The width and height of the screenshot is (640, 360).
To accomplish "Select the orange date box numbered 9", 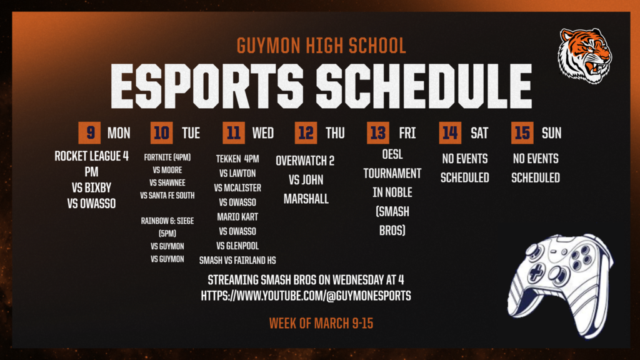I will pos(90,133).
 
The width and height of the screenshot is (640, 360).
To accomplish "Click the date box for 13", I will pos(377,133).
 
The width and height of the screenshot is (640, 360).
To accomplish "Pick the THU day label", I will pos(335,133).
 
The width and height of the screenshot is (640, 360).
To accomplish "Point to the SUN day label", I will pos(551,133).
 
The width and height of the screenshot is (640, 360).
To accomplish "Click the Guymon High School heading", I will pos(321,46).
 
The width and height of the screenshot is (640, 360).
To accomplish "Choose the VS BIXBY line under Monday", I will pos(91,187).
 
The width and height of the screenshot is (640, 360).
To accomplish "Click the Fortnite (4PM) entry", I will pos(167,157).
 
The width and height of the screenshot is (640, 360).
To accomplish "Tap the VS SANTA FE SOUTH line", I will pos(167,196).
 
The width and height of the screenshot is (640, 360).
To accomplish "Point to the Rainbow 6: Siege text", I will pos(167,221).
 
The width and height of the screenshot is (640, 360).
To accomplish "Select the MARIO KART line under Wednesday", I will pos(237,217).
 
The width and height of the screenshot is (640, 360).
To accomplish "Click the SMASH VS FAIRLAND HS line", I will pos(237,260).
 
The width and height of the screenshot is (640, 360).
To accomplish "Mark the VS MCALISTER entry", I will pos(237,188).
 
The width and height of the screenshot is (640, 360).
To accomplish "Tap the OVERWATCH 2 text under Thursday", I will pos(305,161).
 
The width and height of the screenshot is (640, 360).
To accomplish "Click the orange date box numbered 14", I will pos(450,133).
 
